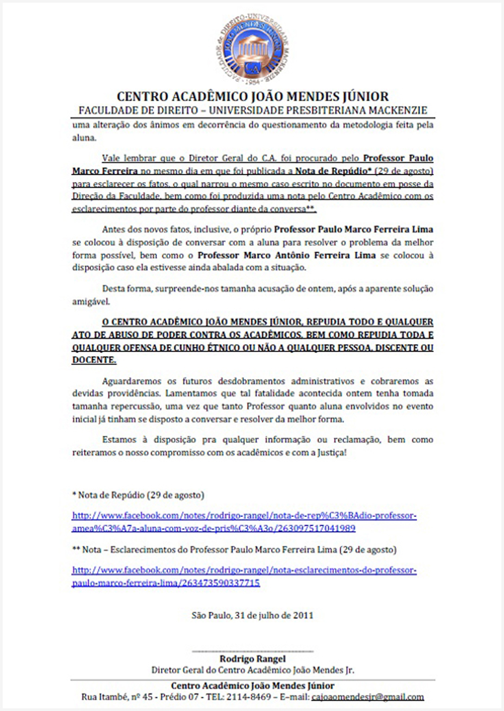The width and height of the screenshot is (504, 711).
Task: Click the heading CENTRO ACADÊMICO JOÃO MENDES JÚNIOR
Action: pyautogui.click(x=253, y=96)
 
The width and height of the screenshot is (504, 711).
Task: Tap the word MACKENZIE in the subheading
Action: pyautogui.click(x=398, y=110)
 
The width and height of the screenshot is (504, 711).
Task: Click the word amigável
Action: pyautogui.click(x=91, y=302)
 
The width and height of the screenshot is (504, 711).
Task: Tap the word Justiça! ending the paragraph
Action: pyautogui.click(x=332, y=453)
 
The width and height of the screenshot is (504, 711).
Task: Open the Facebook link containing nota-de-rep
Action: pyautogui.click(x=244, y=515)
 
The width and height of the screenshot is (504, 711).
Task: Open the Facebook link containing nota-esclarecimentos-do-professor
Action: pyautogui.click(x=244, y=570)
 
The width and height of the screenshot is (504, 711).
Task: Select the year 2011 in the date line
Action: pyautogui.click(x=303, y=615)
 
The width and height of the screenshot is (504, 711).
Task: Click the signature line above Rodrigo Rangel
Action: pyautogui.click(x=253, y=651)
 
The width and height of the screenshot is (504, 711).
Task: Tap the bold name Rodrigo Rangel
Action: pyautogui.click(x=253, y=659)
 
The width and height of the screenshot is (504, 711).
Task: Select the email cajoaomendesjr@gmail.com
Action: pyautogui.click(x=368, y=697)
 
